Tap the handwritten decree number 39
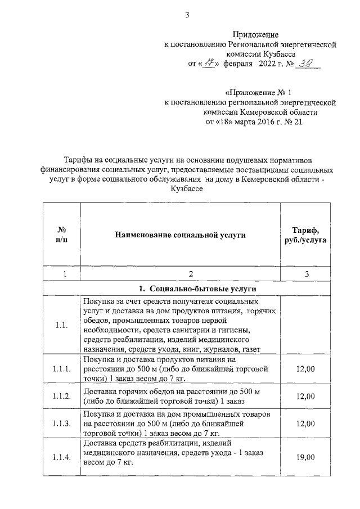(307, 63)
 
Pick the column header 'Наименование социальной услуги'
(181, 235)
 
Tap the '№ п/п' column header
(63, 235)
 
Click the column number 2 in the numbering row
(191, 274)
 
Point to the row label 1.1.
(62, 325)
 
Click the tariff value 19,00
(305, 458)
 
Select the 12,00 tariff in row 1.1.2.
(305, 397)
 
